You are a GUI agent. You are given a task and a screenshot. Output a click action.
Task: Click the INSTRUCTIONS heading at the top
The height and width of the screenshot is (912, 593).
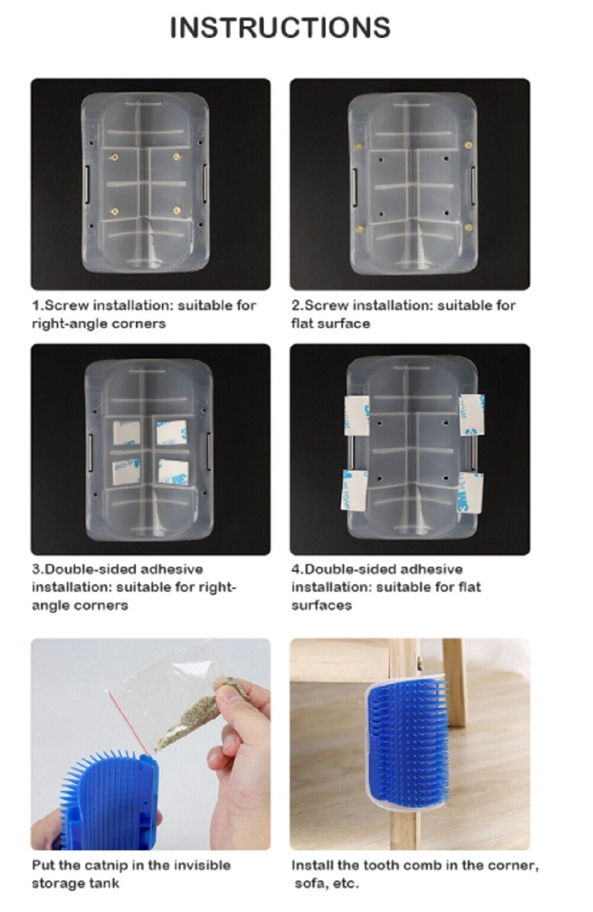pos(280,28)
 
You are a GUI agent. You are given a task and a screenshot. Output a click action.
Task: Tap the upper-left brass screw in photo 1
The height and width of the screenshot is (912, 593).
pos(115,157)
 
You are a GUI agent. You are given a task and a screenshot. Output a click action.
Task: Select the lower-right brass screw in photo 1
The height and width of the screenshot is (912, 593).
pos(177,210)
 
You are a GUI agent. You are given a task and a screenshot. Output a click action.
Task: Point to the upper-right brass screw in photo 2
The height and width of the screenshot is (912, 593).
pos(468,144)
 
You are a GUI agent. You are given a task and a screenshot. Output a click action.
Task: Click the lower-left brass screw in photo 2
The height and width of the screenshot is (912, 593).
pos(359,229)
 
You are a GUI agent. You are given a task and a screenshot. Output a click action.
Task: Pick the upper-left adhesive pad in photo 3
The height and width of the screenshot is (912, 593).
pos(126,432)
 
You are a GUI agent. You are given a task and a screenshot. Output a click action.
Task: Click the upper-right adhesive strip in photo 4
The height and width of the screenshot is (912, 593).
pos(472,414)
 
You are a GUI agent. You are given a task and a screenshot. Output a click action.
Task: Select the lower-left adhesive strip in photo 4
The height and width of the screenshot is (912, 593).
pos(354,490)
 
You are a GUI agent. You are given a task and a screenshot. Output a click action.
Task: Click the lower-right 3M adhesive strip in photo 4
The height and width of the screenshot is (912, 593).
pos(470,493)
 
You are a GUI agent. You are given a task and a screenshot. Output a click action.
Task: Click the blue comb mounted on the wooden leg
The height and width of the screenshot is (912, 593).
pos(407,742)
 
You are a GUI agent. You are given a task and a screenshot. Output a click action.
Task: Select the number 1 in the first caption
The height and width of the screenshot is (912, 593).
pos(36,305)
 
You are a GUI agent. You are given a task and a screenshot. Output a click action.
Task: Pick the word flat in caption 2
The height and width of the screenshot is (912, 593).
pos(302,323)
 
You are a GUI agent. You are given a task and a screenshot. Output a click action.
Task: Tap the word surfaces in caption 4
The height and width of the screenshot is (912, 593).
pos(321,605)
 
